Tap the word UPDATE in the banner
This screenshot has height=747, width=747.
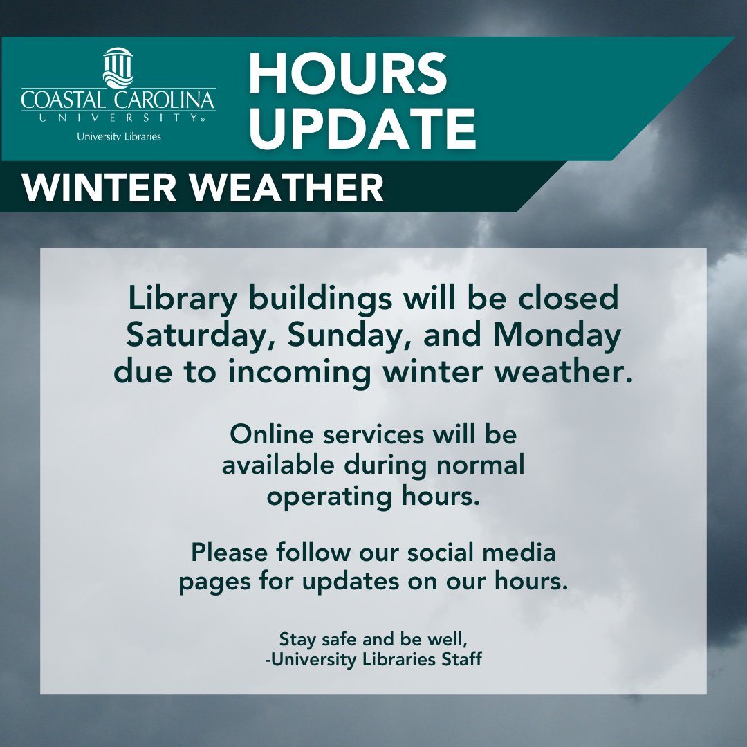point(362,127)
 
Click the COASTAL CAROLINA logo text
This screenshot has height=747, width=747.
point(118,100)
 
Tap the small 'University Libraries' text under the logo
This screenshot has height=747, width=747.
point(119,136)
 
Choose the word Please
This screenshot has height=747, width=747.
point(228,553)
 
